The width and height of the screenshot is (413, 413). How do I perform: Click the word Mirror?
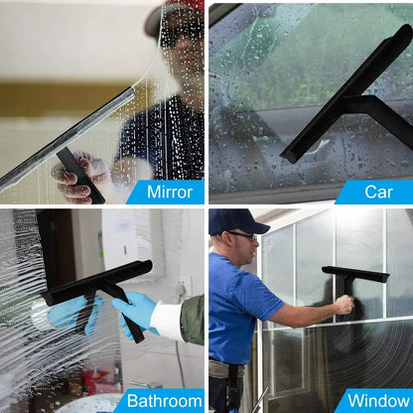click(x=170, y=192)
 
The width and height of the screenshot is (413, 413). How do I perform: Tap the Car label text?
click(x=378, y=192)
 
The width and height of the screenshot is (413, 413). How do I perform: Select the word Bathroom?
click(x=164, y=401)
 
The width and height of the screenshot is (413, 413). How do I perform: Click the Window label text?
click(x=378, y=401)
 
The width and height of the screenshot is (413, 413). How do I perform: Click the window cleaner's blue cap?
click(x=237, y=220)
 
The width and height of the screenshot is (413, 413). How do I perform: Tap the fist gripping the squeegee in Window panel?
click(x=344, y=305)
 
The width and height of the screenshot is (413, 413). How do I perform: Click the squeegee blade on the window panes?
click(x=355, y=274)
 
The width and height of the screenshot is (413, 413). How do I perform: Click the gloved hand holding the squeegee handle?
click(x=135, y=313)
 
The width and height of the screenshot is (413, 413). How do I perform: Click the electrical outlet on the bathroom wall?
click(x=185, y=286)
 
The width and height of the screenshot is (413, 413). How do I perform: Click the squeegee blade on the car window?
click(x=346, y=93)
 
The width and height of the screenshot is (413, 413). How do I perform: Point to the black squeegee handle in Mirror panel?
click(x=80, y=175)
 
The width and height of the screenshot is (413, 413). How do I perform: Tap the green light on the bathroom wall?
click(x=101, y=254)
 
